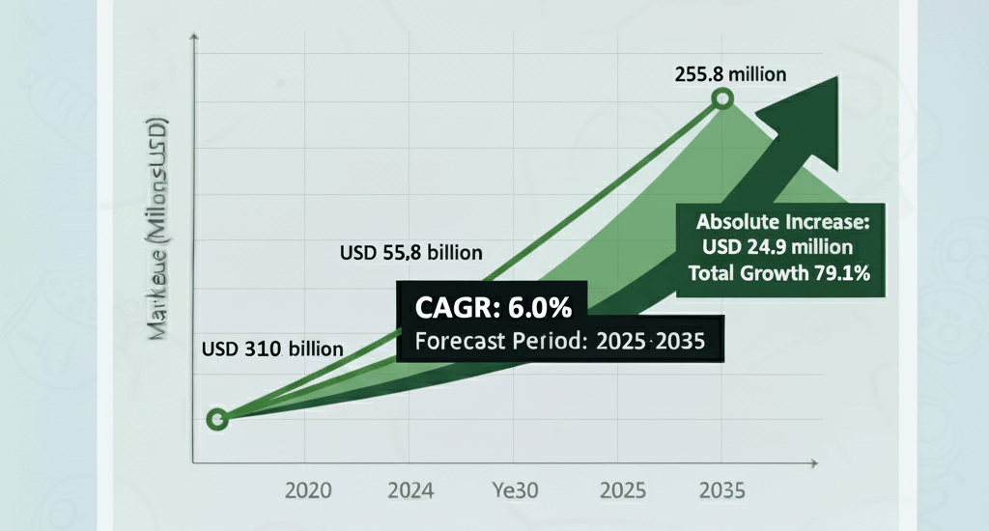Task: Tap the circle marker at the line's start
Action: click(x=217, y=419)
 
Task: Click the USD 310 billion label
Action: click(x=271, y=349)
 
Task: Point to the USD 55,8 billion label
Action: click(x=411, y=254)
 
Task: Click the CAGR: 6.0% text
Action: click(x=494, y=308)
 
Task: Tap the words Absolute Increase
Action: click(x=783, y=222)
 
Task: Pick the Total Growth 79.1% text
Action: click(x=779, y=272)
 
